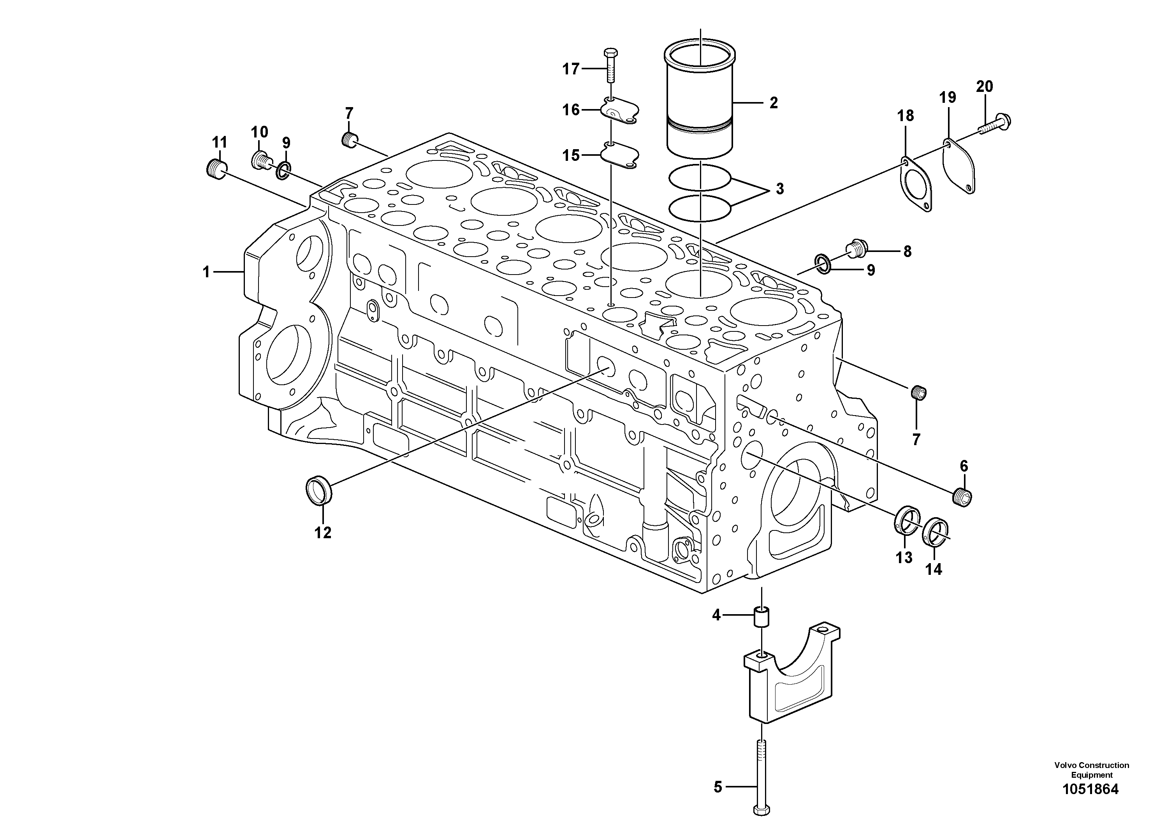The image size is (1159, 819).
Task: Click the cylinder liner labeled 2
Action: pyautogui.click(x=700, y=101)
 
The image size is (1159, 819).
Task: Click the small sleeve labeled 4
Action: pyautogui.click(x=761, y=617)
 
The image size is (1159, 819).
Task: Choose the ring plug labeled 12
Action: pyautogui.click(x=319, y=489)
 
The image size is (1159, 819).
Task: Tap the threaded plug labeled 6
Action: pyautogui.click(x=964, y=498)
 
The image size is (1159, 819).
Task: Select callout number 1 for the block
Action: pyautogui.click(x=206, y=272)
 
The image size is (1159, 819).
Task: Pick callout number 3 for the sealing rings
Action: pyautogui.click(x=779, y=189)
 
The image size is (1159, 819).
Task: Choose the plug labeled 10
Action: pyautogui.click(x=260, y=160)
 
